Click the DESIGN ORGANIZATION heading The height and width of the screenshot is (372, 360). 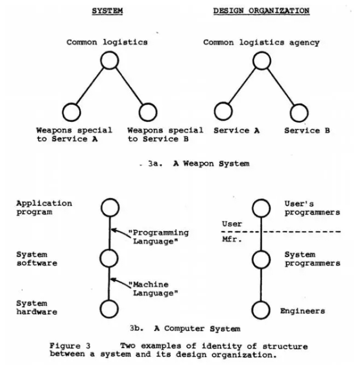tap(261, 10)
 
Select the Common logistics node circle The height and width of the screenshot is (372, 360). tap(109, 61)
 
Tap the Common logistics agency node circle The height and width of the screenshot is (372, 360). tap(262, 61)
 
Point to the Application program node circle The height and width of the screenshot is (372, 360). tap(109, 207)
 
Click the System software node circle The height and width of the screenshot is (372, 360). tap(109, 258)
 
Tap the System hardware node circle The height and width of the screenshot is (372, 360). tap(109, 309)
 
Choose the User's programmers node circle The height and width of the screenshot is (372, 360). tap(262, 207)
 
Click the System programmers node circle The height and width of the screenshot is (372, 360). tap(262, 258)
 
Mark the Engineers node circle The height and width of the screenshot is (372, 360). tap(262, 309)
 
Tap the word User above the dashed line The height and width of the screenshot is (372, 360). tap(232, 224)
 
